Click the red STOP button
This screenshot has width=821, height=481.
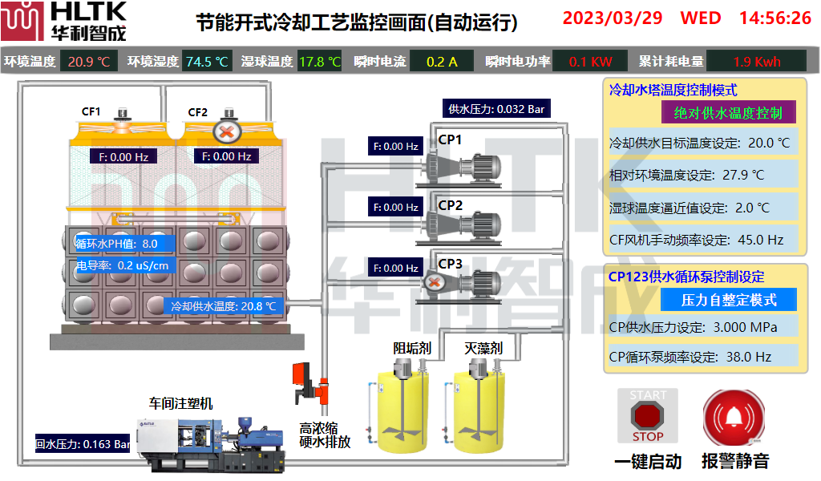coord(648,415)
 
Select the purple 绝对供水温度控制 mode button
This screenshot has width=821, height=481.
coord(728,112)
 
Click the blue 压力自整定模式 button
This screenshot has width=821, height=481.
coord(728,300)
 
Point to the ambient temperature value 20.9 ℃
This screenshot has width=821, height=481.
coord(89,61)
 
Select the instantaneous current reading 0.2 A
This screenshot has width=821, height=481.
coord(442,61)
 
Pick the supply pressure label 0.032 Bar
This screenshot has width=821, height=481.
coord(496,109)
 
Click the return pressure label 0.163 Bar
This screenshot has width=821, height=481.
coord(83,443)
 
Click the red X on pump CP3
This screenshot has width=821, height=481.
coord(434,282)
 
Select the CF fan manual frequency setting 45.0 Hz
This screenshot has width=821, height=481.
coord(704,239)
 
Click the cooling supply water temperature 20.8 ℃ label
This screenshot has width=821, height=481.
coord(224,305)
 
